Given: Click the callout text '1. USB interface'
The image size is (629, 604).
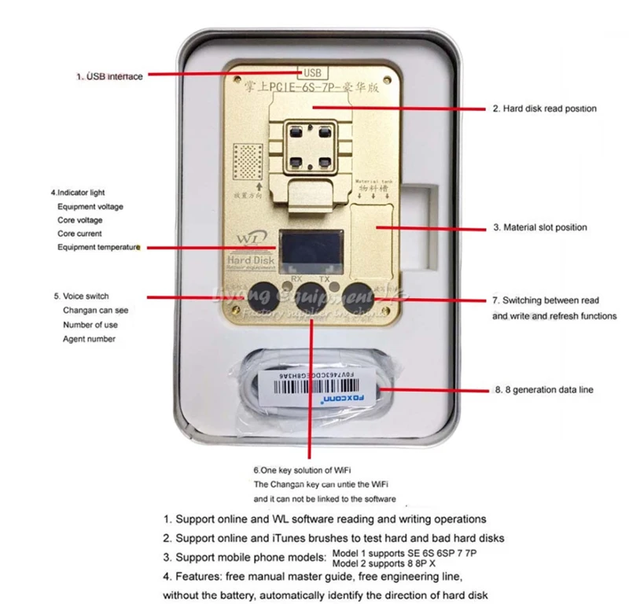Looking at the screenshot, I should (x=109, y=76).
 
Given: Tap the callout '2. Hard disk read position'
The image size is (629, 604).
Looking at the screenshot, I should (x=544, y=109).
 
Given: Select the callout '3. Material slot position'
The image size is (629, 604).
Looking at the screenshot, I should (x=539, y=227).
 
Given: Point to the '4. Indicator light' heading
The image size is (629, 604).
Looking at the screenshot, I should (x=78, y=192).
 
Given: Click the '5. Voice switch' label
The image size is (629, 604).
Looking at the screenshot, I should (x=81, y=296).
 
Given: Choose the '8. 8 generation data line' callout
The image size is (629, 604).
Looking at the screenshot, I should (x=543, y=389).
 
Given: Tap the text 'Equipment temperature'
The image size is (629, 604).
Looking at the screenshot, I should (x=97, y=247).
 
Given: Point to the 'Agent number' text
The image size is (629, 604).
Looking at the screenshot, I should (x=89, y=339).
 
